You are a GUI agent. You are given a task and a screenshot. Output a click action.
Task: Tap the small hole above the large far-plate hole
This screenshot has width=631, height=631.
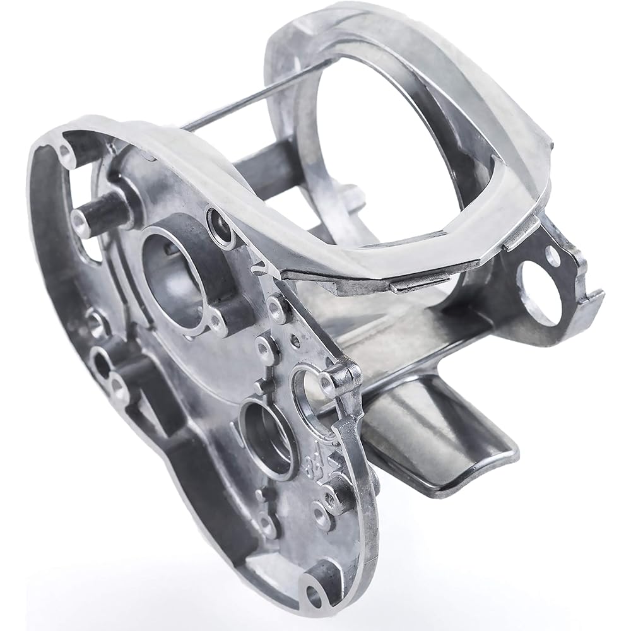tap(553, 255)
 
